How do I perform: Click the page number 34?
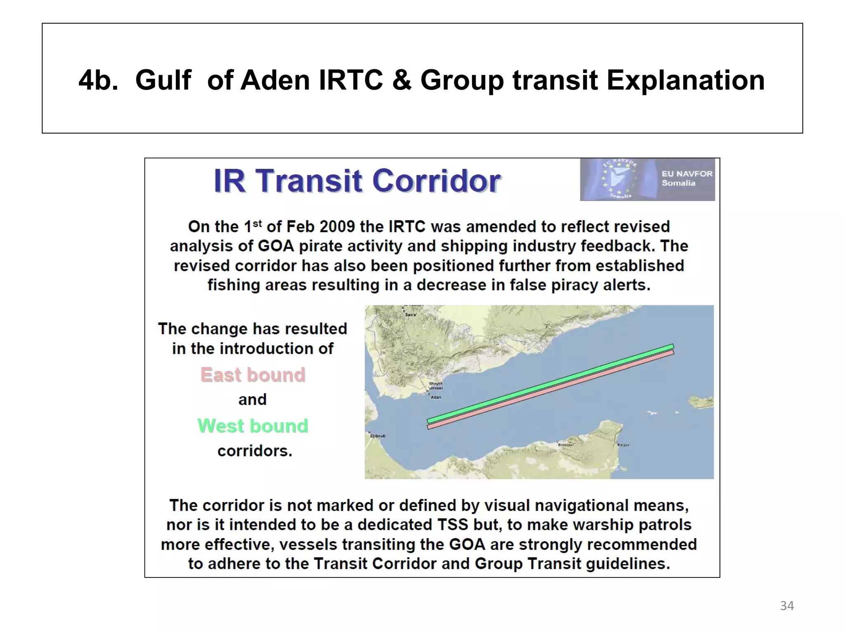787,606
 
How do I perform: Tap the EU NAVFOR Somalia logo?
647,180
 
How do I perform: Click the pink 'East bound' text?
253,375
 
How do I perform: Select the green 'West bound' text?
253,426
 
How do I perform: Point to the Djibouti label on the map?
378,436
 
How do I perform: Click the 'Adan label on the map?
436,397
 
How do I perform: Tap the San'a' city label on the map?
411,315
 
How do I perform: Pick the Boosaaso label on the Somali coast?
565,445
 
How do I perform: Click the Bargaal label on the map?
623,445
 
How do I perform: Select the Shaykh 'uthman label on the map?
436,386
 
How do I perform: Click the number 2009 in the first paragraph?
337,227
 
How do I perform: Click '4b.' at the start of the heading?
98,80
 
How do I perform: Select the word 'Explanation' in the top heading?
685,80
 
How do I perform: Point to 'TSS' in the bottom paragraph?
452,525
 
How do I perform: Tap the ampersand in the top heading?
401,80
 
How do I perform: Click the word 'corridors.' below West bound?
255,451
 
